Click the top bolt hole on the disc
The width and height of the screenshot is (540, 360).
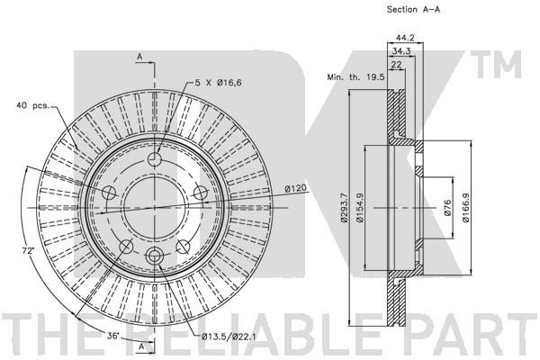[x=154, y=159]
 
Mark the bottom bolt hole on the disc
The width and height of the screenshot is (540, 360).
[x=154, y=255]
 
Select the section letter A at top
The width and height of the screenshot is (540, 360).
[x=139, y=57]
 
